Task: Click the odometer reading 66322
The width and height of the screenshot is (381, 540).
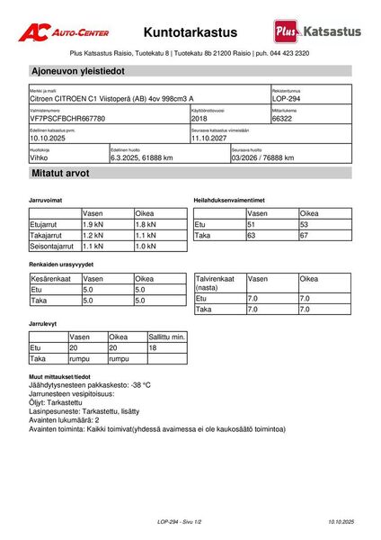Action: [283, 119]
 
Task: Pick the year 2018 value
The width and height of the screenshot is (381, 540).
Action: [199, 119]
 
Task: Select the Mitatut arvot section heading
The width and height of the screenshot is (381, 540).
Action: [60, 173]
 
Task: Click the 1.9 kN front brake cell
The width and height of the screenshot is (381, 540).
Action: [93, 224]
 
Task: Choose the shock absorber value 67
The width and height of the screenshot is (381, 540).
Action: [305, 235]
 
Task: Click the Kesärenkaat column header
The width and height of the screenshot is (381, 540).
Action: [52, 279]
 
